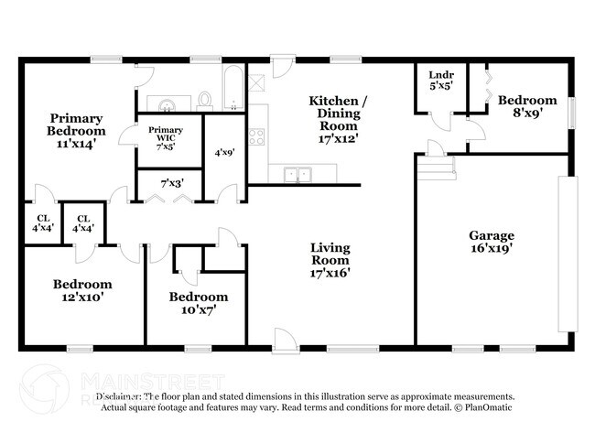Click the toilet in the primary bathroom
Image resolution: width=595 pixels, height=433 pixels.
click(205, 99)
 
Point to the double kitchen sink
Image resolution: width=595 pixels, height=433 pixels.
click(296, 173)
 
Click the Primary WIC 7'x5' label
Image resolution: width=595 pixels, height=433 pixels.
click(166, 137)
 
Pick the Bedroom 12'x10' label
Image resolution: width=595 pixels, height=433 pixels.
click(81, 290)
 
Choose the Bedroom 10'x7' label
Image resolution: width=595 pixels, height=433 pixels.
click(198, 303)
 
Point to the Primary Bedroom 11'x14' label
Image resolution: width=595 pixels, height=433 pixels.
click(76, 130)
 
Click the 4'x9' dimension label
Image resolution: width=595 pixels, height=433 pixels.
click(224, 153)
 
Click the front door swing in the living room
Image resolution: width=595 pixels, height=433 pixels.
click(285, 341)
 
